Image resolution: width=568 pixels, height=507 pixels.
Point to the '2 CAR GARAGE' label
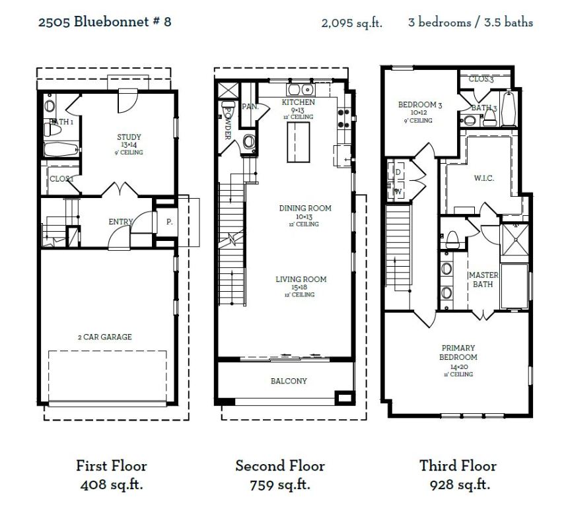104,337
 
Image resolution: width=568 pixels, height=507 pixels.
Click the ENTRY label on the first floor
121,222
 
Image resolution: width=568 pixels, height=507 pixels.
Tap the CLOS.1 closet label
61,179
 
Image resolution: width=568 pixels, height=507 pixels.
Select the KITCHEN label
298,103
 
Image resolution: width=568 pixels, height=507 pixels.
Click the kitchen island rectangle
298,142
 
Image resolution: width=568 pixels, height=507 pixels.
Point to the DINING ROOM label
304,209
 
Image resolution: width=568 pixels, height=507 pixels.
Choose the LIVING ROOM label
301,279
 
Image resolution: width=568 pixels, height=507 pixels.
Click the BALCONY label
289,381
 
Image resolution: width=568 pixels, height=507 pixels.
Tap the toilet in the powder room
249,141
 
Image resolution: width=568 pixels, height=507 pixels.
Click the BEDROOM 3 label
420,105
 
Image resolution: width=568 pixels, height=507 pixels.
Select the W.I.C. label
484,178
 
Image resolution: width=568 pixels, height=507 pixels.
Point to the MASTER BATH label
483,279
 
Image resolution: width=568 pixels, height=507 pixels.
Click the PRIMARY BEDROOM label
458,353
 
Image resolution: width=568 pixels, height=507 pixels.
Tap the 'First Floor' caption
111,466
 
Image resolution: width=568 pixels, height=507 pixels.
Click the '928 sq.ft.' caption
458,485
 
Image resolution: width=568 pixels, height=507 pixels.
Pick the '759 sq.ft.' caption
280,485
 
